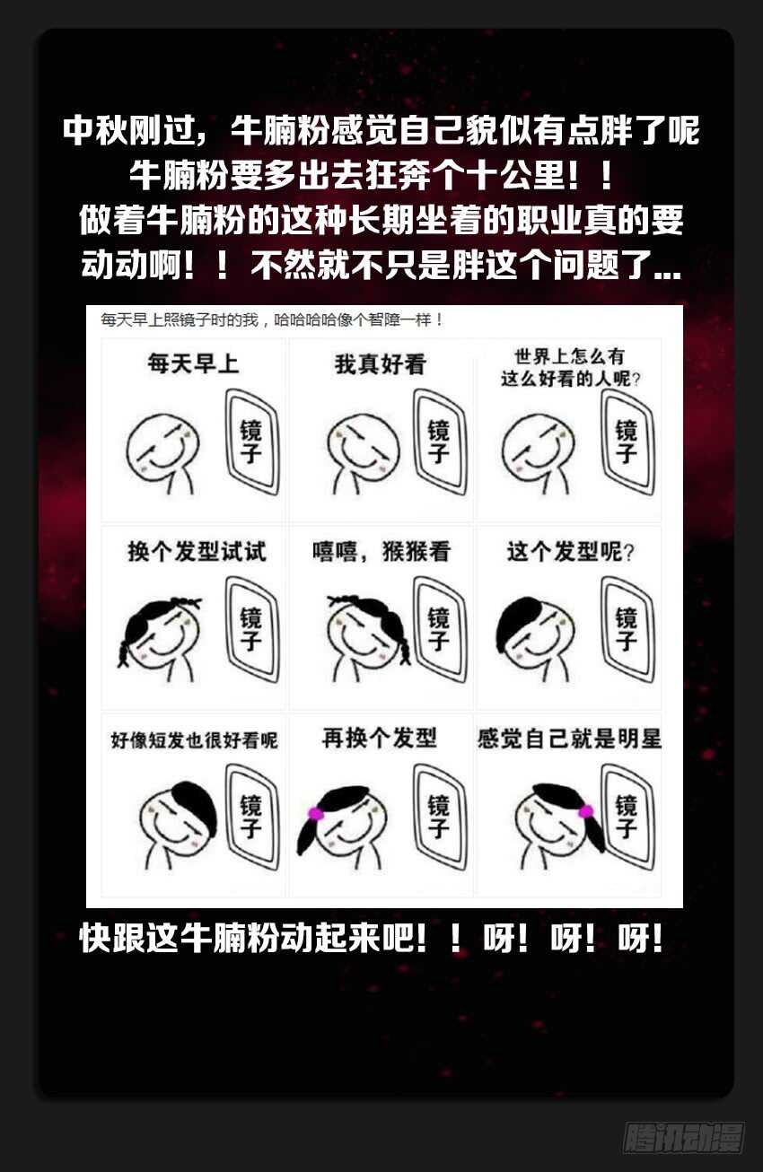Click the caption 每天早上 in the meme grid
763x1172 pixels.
click(x=193, y=365)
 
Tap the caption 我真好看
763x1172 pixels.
click(x=381, y=365)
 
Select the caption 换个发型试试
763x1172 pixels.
click(x=197, y=551)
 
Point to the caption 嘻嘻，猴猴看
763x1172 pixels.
click(x=381, y=551)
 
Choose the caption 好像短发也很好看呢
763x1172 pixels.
click(x=194, y=740)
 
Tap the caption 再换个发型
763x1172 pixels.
click(x=380, y=739)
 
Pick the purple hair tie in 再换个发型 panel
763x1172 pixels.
click(x=315, y=813)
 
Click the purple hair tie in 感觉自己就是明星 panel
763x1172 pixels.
click(x=586, y=811)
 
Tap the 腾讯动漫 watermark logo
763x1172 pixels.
click(x=683, y=1137)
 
